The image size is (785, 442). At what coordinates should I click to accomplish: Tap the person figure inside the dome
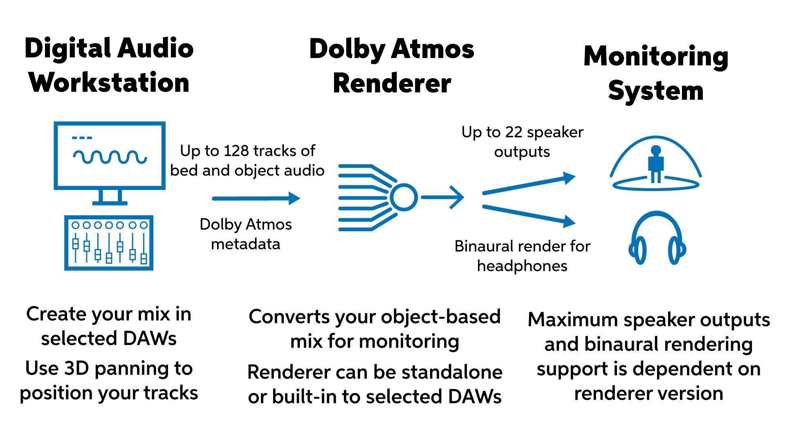coord(655,164)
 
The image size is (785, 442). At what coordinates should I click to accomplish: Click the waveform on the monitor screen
coord(110,157)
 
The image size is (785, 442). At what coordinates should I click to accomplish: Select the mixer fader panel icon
coord(109,243)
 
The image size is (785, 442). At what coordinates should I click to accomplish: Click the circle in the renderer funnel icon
coord(404,197)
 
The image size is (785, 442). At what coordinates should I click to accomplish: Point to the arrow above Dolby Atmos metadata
coord(256,198)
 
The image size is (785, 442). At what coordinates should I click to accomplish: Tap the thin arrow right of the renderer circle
coord(442,197)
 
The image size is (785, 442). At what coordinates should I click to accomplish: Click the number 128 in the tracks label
coord(236,151)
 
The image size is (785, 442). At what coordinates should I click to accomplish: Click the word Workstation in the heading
coord(109,83)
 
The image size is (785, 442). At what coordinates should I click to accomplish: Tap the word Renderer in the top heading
coord(391,83)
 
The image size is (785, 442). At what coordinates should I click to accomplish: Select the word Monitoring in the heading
coord(656,56)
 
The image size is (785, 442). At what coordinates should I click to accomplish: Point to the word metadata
coord(245,244)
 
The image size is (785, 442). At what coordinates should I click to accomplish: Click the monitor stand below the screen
coord(110,197)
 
